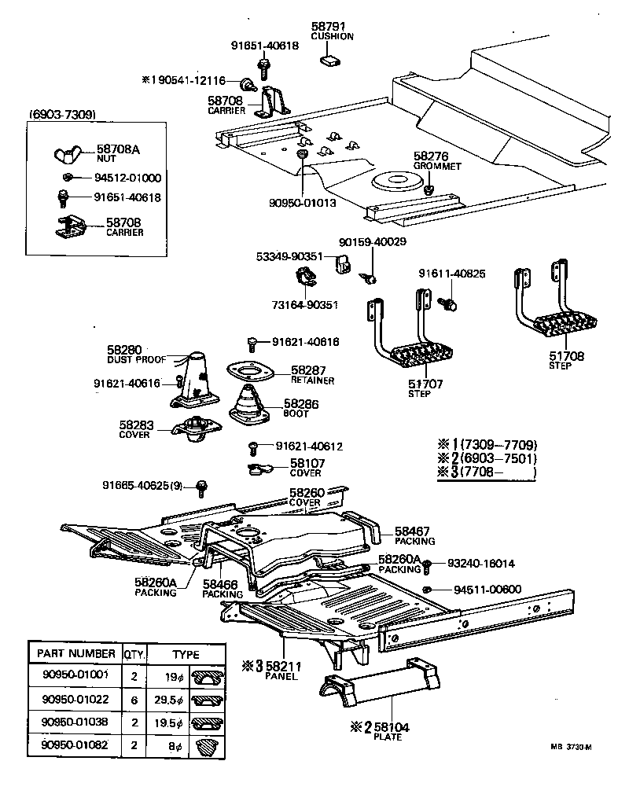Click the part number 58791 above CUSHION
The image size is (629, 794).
(x=333, y=27)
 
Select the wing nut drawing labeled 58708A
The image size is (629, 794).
(x=68, y=153)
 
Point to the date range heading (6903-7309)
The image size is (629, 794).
(x=62, y=115)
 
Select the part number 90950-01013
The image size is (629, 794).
(x=302, y=202)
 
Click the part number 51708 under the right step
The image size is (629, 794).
(x=566, y=356)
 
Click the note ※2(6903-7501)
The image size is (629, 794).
(x=487, y=458)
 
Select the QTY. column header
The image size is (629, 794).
(x=132, y=654)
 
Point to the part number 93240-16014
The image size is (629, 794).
(x=481, y=564)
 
